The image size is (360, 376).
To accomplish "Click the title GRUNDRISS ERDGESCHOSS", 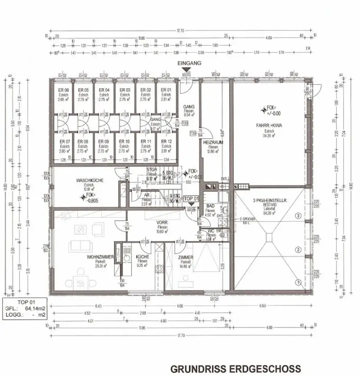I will point(235,368).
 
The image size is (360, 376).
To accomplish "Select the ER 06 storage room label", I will point(63,90).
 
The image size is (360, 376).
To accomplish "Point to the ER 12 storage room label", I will point(166,141).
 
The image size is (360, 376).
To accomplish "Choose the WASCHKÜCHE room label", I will point(90,180).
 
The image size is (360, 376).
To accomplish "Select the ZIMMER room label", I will point(185,257).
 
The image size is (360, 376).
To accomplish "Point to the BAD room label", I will point(210,206).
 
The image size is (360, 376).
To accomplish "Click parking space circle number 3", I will point(298,216).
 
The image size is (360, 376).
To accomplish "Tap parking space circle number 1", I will point(298,283).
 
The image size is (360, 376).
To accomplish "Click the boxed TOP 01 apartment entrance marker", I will point(191,198).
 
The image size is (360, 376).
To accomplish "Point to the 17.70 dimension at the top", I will point(180,31).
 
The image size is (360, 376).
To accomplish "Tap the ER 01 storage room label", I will point(166,90).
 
